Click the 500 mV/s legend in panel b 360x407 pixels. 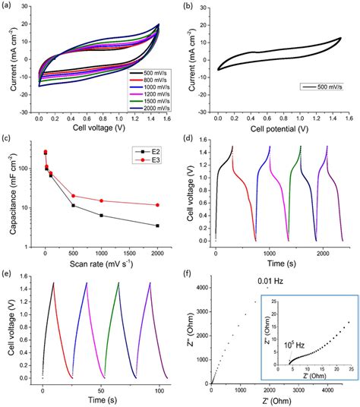click(323, 107)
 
